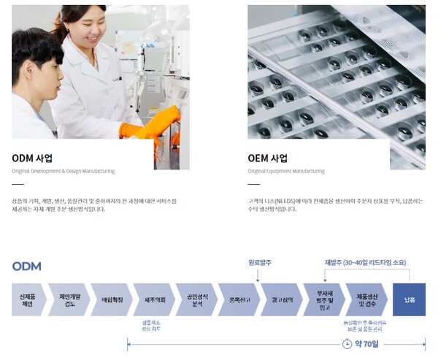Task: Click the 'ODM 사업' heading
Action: tap(32, 158)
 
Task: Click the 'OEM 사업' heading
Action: tap(267, 158)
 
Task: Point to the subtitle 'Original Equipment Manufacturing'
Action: tap(285, 171)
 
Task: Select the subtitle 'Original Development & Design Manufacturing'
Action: tap(63, 171)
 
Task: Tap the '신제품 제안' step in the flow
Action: tap(27, 299)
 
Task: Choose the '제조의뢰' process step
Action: tap(153, 299)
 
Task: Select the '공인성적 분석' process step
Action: tap(197, 299)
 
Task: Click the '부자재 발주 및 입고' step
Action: tap(323, 299)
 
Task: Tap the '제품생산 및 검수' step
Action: tap(365, 299)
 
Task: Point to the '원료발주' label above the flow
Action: tap(258, 261)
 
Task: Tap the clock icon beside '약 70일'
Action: tap(348, 343)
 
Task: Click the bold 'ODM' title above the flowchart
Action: tap(26, 266)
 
